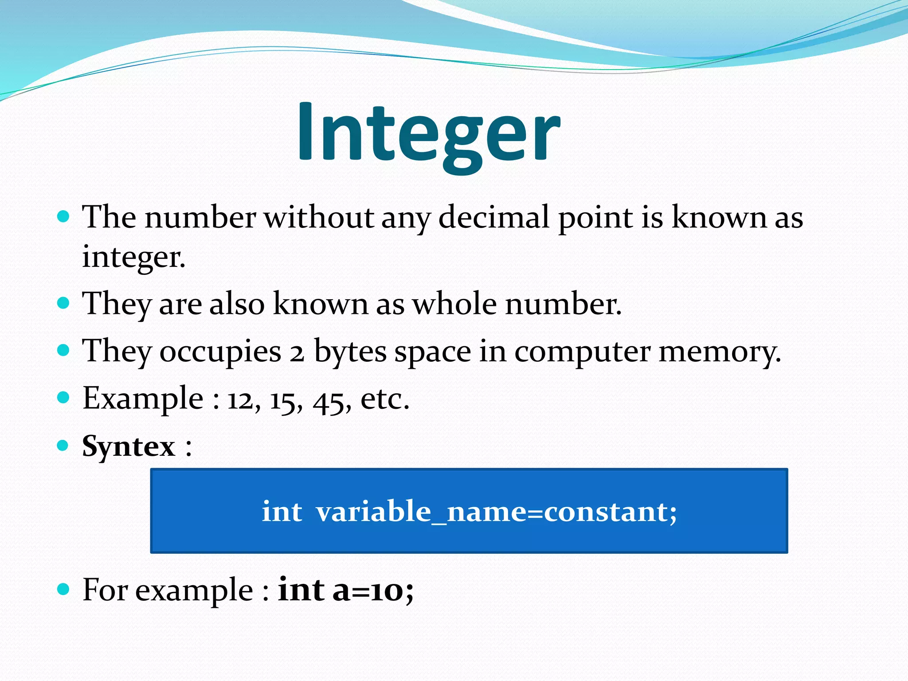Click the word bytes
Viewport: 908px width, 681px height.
point(350,352)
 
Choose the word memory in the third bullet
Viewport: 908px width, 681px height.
point(719,352)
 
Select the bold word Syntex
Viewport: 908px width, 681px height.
point(129,446)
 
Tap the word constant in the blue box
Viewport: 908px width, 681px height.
point(607,511)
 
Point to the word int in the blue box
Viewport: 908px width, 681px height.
point(282,511)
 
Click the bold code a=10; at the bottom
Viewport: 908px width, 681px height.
point(373,590)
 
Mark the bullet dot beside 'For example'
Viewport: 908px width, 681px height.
point(64,589)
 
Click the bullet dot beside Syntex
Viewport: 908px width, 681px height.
point(64,445)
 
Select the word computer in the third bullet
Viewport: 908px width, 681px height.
point(582,352)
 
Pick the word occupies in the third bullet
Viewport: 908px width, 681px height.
point(220,352)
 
